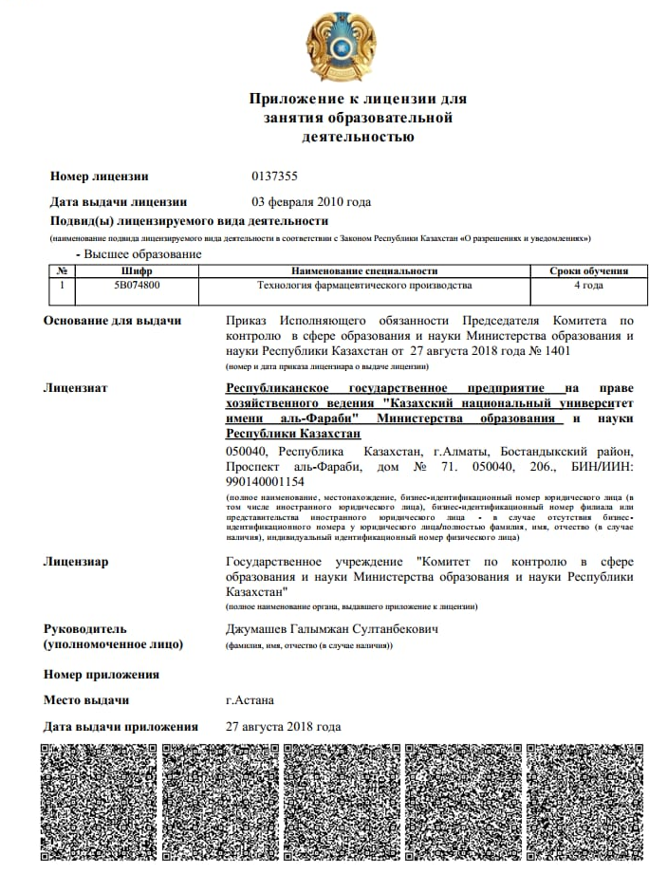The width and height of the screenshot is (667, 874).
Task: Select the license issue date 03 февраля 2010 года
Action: point(310,201)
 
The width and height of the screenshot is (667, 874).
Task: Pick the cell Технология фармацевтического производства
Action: point(364,285)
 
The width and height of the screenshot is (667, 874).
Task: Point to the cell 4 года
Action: point(588,285)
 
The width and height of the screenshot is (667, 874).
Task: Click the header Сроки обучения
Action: point(588,270)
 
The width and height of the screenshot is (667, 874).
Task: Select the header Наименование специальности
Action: point(364,270)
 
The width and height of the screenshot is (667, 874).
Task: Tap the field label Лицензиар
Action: point(76,562)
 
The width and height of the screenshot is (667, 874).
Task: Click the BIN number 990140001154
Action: point(264,481)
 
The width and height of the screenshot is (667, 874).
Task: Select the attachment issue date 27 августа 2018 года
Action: point(283,727)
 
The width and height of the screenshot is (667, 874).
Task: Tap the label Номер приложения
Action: point(102,675)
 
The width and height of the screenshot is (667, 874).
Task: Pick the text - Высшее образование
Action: point(139,254)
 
